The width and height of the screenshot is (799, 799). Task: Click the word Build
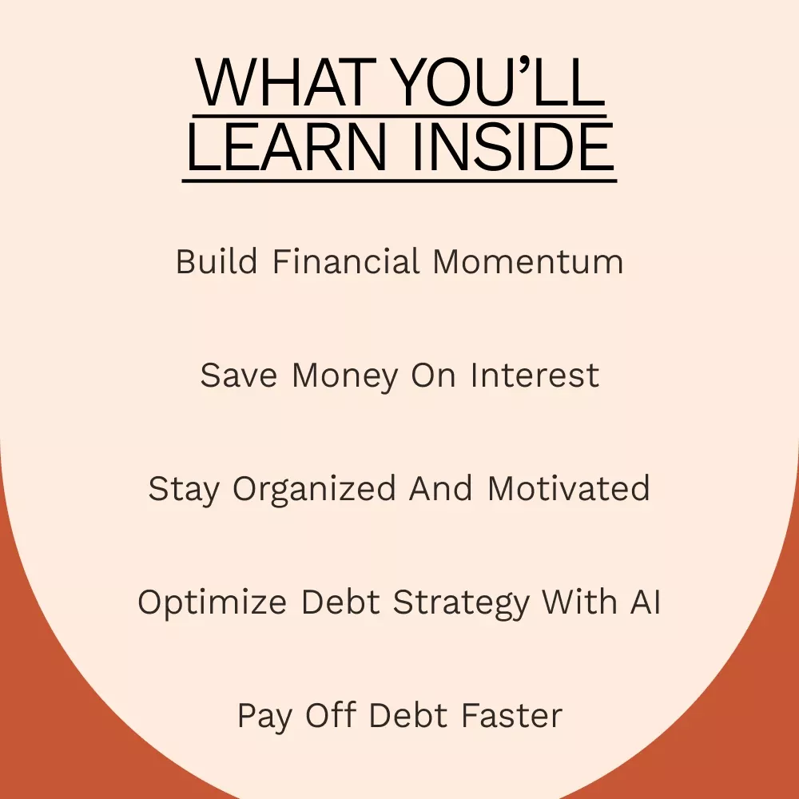click(x=217, y=261)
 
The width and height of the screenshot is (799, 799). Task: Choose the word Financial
click(x=347, y=261)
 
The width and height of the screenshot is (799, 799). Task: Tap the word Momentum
click(x=528, y=262)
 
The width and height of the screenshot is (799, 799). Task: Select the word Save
click(x=238, y=375)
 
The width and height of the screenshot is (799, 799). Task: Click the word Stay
click(x=184, y=490)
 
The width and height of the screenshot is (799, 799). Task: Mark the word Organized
click(x=314, y=490)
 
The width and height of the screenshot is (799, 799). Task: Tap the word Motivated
click(x=569, y=488)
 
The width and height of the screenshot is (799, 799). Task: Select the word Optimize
click(x=212, y=603)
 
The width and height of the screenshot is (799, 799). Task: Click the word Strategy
click(x=461, y=603)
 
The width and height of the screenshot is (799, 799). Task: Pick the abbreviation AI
click(x=646, y=602)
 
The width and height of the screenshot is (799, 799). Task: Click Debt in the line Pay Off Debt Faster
click(x=408, y=714)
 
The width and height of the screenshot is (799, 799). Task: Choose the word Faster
click(x=512, y=714)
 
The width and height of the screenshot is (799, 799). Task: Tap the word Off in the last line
click(x=330, y=714)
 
